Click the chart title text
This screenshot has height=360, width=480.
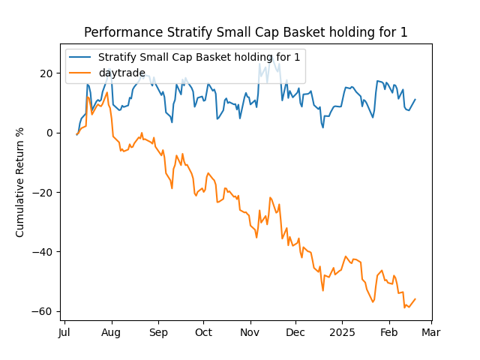point(246,32)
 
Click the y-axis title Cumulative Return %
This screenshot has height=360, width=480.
point(20,182)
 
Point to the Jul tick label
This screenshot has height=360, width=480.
point(65,332)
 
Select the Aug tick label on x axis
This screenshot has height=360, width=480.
point(111,332)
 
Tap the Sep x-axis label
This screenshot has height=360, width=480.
point(158,332)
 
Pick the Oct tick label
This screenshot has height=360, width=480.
point(203,332)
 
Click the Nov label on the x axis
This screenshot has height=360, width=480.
point(250,332)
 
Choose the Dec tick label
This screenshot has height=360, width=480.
point(295,332)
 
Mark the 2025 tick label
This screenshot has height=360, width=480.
point(343,332)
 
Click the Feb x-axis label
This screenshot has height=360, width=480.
point(388,332)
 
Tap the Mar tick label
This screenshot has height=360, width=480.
point(430,332)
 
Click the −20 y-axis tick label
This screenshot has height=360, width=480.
point(45,192)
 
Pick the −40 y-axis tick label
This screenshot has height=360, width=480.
point(45,251)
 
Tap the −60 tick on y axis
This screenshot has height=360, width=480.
point(45,311)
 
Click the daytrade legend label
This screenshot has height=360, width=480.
point(122,73)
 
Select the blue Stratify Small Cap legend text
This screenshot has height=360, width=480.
point(200,57)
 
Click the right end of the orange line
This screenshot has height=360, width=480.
point(415,298)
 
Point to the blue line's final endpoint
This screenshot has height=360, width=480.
point(415,100)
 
